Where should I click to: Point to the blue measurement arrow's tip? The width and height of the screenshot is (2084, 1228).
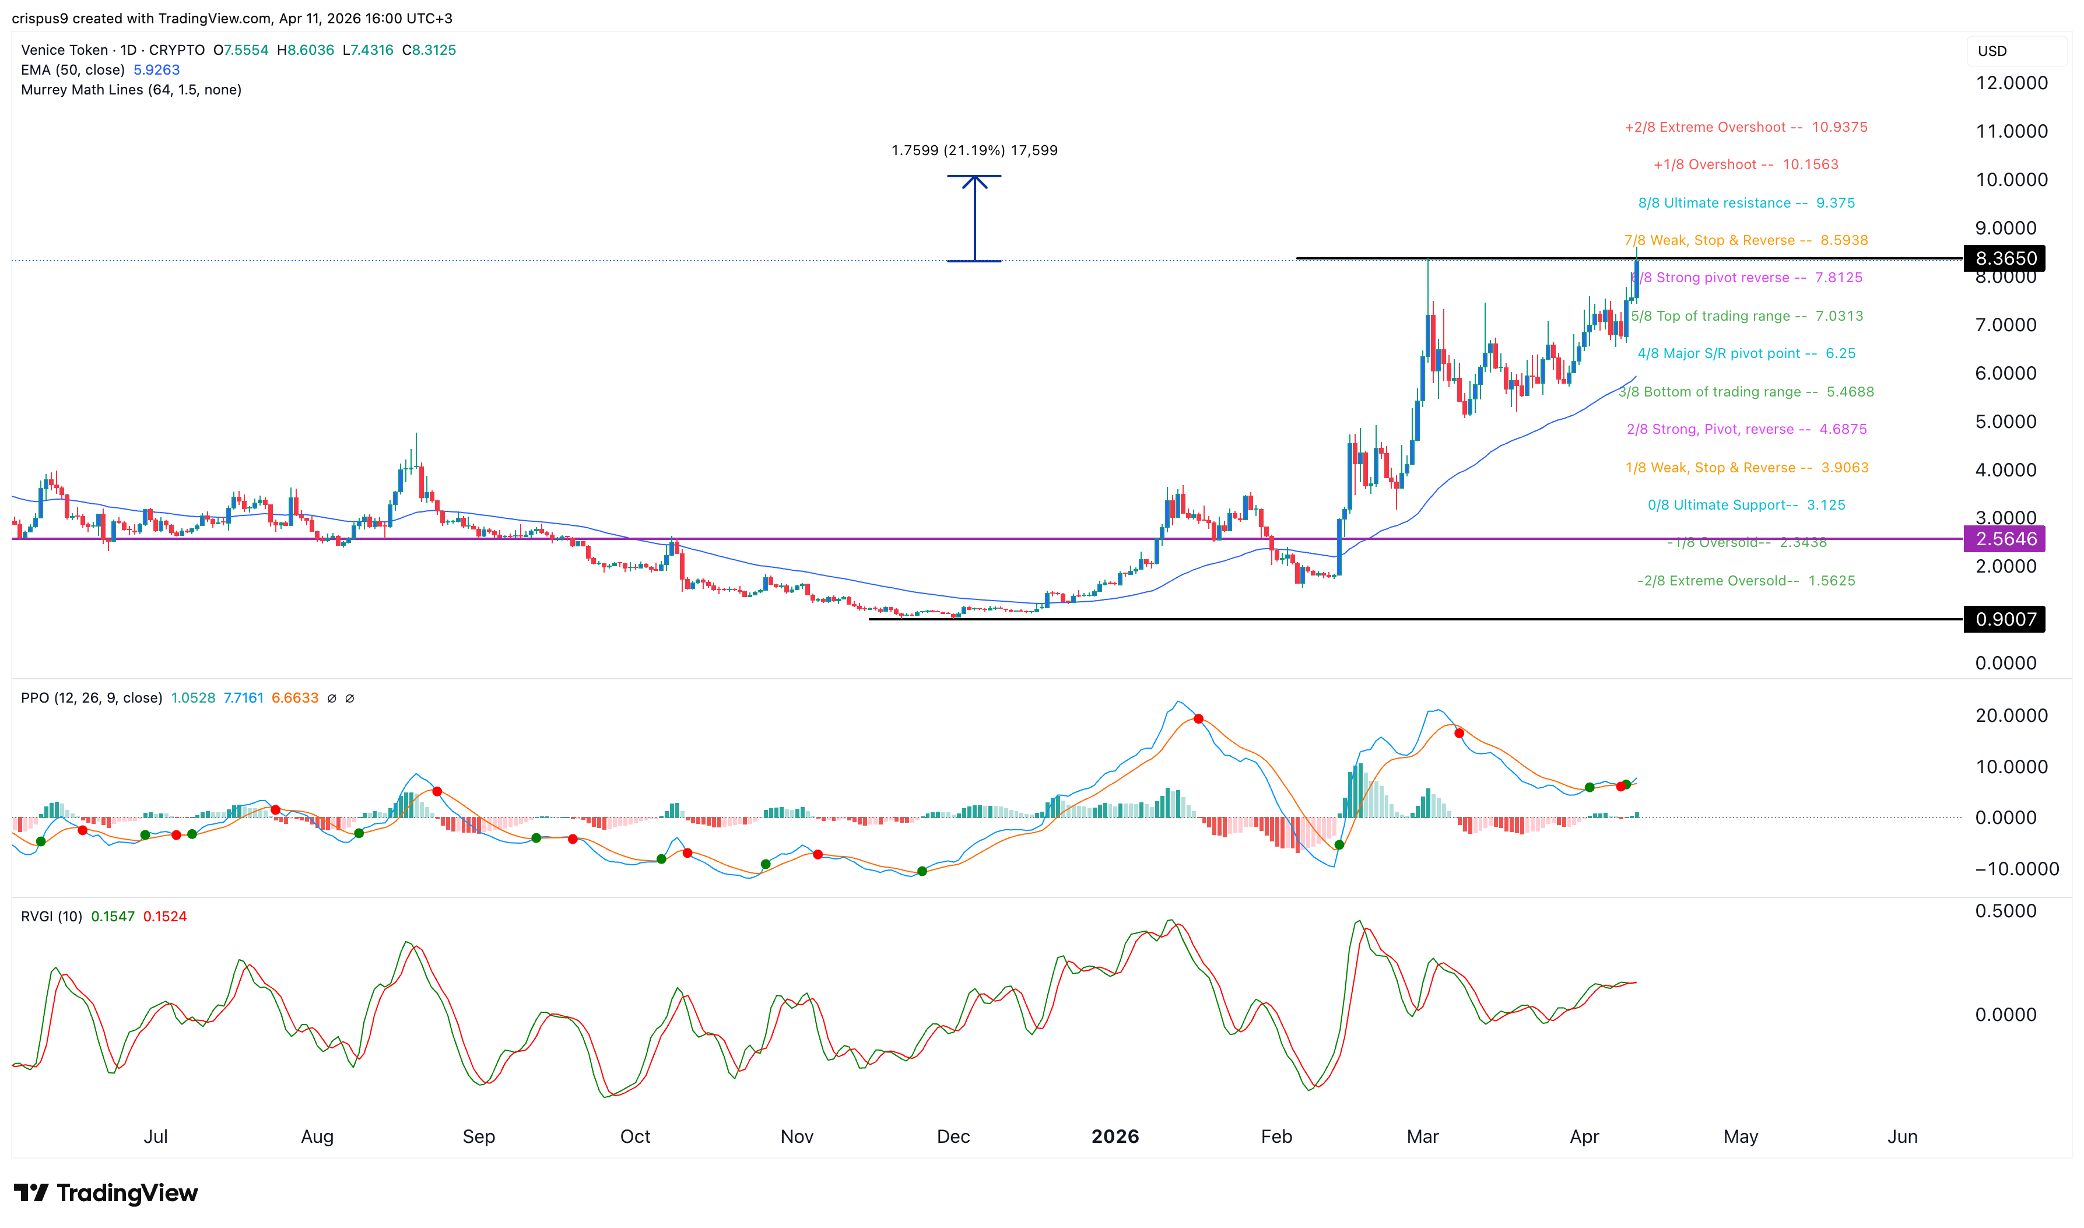coord(974,178)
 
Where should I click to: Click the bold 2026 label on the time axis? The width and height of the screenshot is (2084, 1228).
coord(1114,1136)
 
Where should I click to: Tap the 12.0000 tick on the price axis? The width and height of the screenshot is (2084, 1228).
coord(2011,83)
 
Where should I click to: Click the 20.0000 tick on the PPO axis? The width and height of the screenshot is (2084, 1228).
coord(2011,716)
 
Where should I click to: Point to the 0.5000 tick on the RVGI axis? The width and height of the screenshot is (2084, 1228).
coord(2005,911)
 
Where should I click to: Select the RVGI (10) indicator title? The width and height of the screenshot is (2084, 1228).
coord(51,916)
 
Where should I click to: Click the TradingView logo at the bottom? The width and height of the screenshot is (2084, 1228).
coord(106,1192)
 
